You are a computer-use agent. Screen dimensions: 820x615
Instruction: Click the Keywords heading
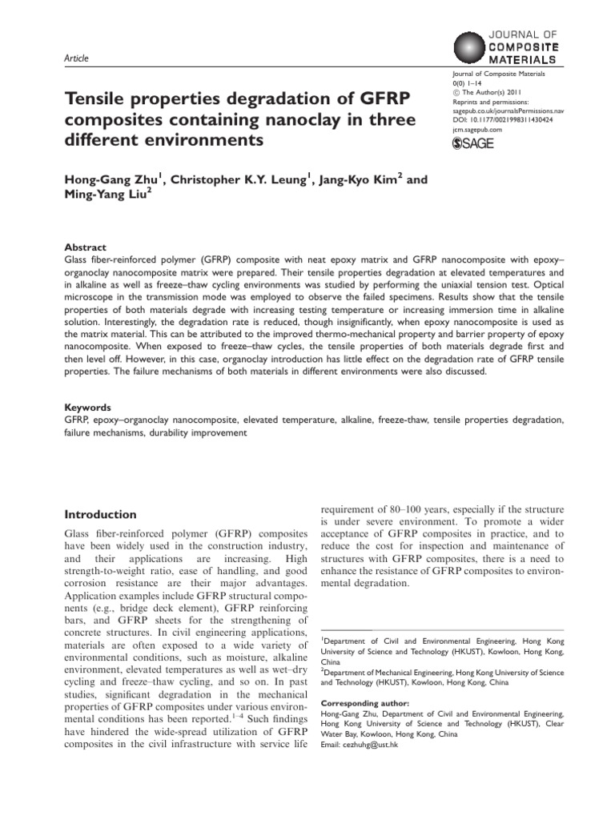pos(87,407)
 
